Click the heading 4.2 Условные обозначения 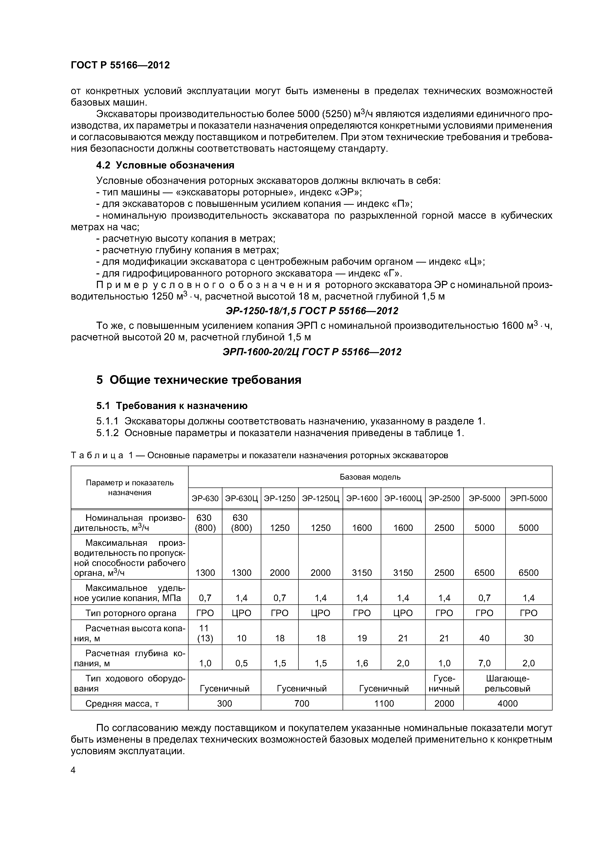pos(165,165)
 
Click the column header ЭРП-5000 pos(528,498)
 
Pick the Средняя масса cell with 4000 pos(507,703)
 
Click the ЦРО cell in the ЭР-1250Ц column pos(321,613)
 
